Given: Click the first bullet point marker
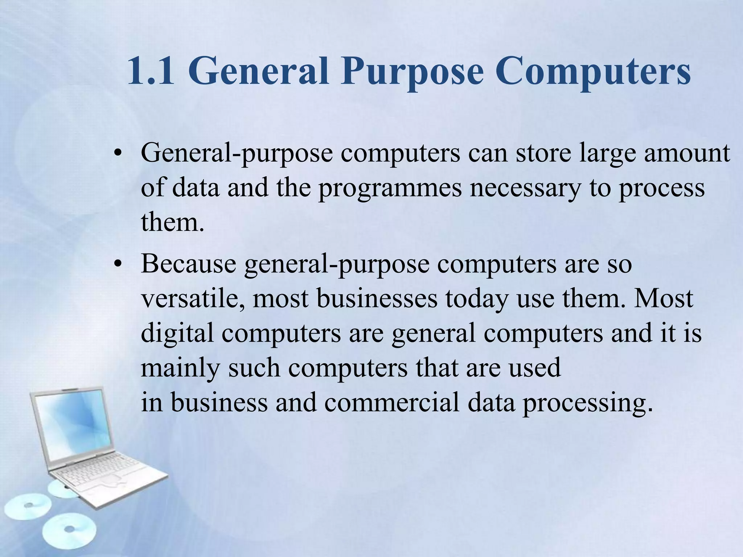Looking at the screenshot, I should click(116, 154).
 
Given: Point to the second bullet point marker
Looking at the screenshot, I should click(116, 265).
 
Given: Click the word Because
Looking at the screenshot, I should click(189, 264).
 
